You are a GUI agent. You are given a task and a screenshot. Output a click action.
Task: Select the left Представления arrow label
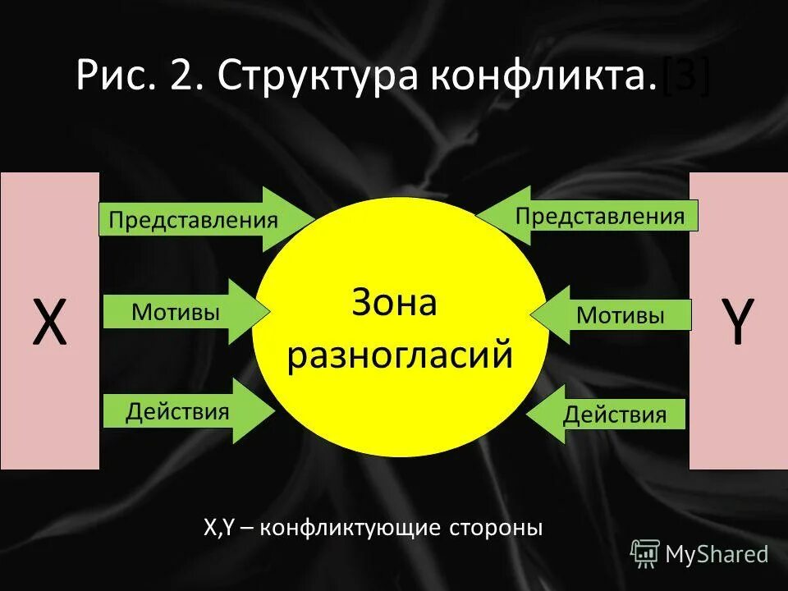tap(194, 220)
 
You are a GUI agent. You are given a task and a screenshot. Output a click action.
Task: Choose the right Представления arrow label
tap(599, 216)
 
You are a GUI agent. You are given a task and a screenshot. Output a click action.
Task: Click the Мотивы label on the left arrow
tap(175, 312)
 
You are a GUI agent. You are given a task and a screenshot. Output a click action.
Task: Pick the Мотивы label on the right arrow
tap(621, 315)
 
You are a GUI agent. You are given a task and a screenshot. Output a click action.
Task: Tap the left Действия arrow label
tap(177, 410)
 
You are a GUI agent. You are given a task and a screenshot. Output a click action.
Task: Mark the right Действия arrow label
tap(614, 415)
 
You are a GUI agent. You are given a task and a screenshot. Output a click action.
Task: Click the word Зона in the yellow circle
tap(395, 304)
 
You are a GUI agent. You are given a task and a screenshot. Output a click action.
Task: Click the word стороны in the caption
tap(500, 527)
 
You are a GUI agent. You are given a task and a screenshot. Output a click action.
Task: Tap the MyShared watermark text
tap(717, 554)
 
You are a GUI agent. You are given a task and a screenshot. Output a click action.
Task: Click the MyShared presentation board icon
tap(645, 554)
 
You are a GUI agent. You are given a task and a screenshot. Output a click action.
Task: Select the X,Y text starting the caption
tap(219, 527)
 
